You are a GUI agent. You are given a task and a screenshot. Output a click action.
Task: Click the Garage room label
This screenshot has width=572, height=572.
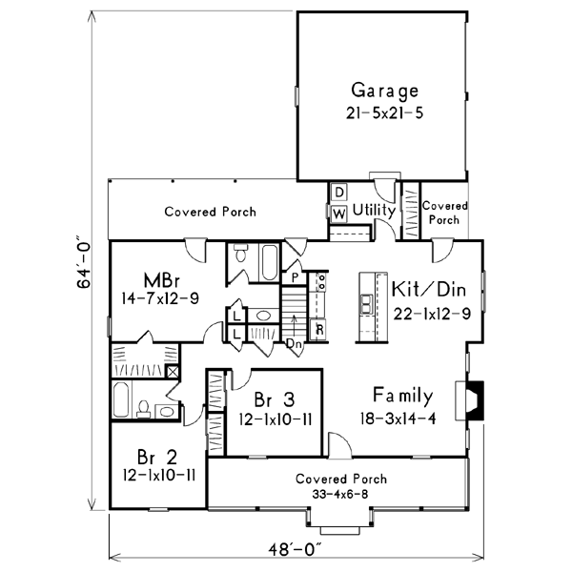(384, 91)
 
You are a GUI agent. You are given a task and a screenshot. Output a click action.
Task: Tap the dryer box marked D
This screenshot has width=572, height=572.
(339, 193)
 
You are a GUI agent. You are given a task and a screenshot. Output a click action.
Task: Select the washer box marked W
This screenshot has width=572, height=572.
(338, 214)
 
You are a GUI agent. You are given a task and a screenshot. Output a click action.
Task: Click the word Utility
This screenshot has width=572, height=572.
(375, 211)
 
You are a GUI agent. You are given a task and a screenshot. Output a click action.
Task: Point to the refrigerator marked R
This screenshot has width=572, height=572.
(318, 330)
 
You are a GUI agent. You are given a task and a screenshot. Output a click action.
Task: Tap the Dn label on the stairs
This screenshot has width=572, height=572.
(295, 343)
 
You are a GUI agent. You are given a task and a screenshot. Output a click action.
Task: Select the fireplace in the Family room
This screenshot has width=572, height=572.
(474, 400)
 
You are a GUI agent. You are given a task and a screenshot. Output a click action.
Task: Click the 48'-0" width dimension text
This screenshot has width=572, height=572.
(296, 549)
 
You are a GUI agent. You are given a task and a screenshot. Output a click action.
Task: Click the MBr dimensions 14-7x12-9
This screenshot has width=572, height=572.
(160, 298)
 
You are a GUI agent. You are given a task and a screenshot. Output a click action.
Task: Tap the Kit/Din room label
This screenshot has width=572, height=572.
(429, 289)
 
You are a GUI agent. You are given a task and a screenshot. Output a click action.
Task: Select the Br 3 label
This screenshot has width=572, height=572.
(275, 399)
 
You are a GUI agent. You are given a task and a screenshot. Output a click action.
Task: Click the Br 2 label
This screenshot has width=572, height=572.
(157, 457)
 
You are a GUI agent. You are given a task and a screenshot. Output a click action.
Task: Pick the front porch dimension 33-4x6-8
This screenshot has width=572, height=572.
(340, 494)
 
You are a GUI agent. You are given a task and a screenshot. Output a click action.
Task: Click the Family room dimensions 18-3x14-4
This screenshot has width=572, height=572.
(398, 419)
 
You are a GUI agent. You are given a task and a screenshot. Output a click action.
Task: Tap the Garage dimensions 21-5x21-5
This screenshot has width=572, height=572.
(384, 113)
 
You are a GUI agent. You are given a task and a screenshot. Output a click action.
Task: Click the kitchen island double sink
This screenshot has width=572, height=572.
(366, 304)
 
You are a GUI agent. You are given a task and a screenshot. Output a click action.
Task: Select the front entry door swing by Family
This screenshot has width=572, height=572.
(339, 444)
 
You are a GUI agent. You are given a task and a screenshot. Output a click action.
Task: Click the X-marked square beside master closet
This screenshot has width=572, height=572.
(173, 372)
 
